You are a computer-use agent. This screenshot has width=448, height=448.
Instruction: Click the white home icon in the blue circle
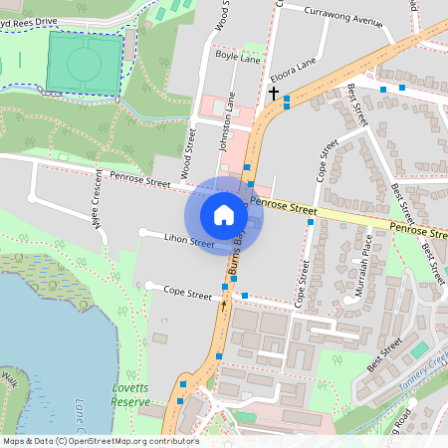[x=224, y=214]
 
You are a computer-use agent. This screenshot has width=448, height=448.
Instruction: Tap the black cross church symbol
[x=274, y=93]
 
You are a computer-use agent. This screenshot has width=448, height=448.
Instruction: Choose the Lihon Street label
[x=189, y=241]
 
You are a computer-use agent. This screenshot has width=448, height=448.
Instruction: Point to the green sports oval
[x=85, y=64]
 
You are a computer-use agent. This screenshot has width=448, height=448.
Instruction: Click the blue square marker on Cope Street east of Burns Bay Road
[x=245, y=296]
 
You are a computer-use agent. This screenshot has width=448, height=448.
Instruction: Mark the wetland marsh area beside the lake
[x=45, y=279]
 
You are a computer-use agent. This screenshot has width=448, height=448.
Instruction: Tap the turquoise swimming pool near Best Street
[x=419, y=350]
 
